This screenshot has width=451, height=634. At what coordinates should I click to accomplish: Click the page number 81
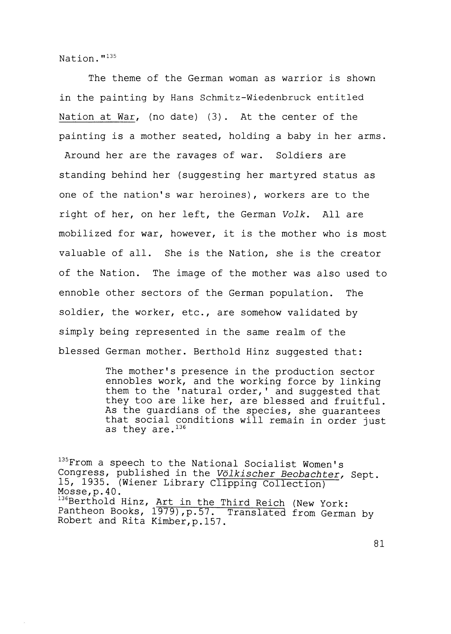coord(379,543)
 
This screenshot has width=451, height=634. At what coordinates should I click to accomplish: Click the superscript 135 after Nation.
coord(111,56)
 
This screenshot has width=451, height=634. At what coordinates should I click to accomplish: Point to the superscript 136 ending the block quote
coord(181,427)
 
